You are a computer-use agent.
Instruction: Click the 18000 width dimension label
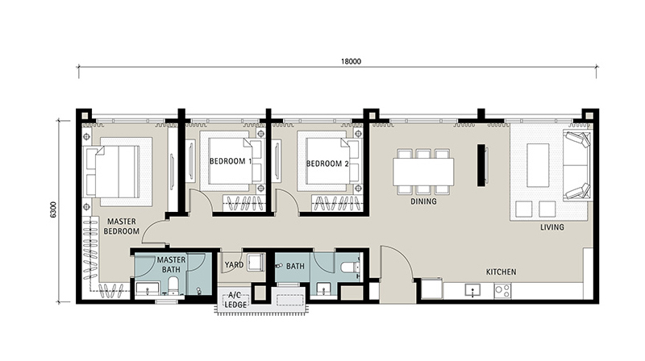pyautogui.click(x=351, y=62)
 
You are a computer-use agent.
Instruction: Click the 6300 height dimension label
pyautogui.click(x=53, y=210)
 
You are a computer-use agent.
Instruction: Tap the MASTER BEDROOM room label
pyautogui.click(x=122, y=226)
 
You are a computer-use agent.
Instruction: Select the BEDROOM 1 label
pyautogui.click(x=231, y=161)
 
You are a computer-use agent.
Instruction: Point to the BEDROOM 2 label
pyautogui.click(x=327, y=164)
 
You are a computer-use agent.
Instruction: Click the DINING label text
pyautogui.click(x=423, y=201)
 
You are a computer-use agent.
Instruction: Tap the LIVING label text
pyautogui.click(x=552, y=227)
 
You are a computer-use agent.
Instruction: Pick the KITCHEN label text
pyautogui.click(x=501, y=272)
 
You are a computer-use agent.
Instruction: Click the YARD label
pyautogui.click(x=234, y=265)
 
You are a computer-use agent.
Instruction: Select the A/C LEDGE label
pyautogui.click(x=235, y=300)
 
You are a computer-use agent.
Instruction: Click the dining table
pyautogui.click(x=423, y=172)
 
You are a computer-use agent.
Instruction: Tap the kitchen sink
pyautogui.click(x=472, y=290)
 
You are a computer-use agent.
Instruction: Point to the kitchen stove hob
pyautogui.click(x=502, y=291)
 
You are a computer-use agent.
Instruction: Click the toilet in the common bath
pyautogui.click(x=350, y=268)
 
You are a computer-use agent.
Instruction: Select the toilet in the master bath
pyautogui.click(x=173, y=285)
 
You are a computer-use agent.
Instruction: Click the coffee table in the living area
pyautogui.click(x=538, y=165)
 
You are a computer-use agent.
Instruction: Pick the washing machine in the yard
pyautogui.click(x=256, y=263)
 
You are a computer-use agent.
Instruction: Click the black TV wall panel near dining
pyautogui.click(x=481, y=165)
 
